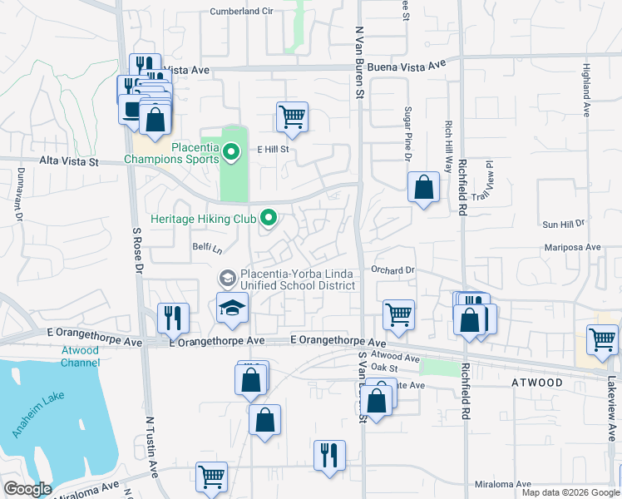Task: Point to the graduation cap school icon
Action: pyautogui.click(x=233, y=307)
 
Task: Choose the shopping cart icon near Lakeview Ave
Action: pyautogui.click(x=602, y=338)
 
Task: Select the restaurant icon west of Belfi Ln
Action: pyautogui.click(x=173, y=317)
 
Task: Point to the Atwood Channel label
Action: pyautogui.click(x=80, y=356)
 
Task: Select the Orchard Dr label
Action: pyautogui.click(x=392, y=270)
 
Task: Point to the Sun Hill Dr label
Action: pyautogui.click(x=564, y=225)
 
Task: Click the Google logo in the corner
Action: pyautogui.click(x=27, y=489)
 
